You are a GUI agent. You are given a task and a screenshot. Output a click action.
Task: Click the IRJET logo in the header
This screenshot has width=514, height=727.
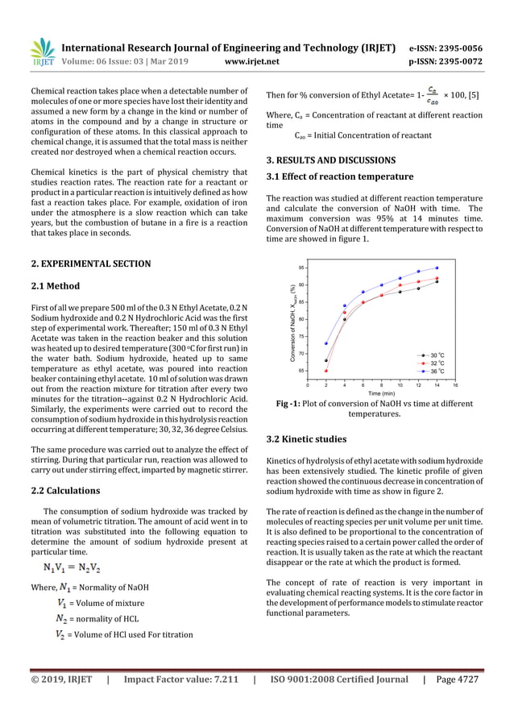click(42, 53)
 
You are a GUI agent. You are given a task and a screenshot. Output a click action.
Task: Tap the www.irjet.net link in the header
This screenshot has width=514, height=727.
click(255, 59)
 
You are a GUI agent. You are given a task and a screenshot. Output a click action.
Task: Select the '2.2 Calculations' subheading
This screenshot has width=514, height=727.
click(65, 490)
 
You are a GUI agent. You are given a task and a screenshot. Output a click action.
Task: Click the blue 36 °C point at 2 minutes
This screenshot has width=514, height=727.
click(326, 343)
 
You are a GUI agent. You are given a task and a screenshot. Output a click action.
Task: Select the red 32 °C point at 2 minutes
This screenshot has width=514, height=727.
click(326, 371)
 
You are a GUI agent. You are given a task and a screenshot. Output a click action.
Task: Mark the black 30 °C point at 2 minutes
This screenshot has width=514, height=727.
click(326, 360)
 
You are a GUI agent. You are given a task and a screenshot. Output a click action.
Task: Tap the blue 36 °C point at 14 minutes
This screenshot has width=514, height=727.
click(437, 268)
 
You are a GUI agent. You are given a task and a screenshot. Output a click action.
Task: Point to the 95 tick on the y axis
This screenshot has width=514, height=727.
click(302, 268)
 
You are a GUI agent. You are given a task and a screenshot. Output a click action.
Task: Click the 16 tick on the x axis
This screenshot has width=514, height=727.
click(455, 385)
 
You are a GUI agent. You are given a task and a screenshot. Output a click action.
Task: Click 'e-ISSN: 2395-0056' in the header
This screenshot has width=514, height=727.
click(442, 48)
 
